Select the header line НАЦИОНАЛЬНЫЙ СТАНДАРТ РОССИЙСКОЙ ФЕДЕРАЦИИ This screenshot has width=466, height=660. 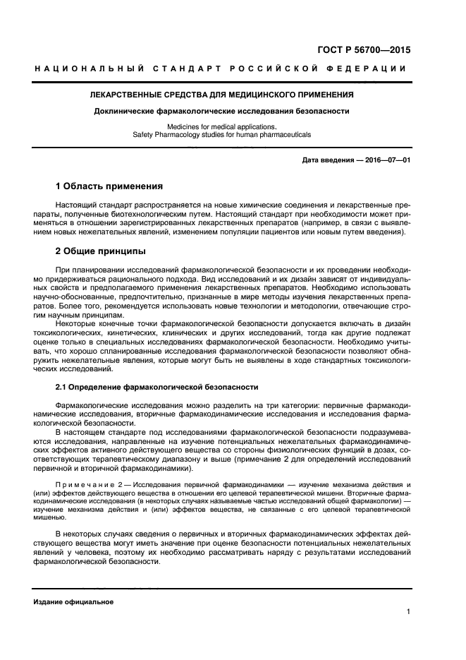pyautogui.click(x=220, y=68)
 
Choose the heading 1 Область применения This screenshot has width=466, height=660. pyautogui.click(x=109, y=187)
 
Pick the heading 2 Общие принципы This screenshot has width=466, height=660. pyautogui.click(x=101, y=251)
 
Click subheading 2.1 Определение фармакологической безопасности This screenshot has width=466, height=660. pyautogui.click(x=157, y=387)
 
